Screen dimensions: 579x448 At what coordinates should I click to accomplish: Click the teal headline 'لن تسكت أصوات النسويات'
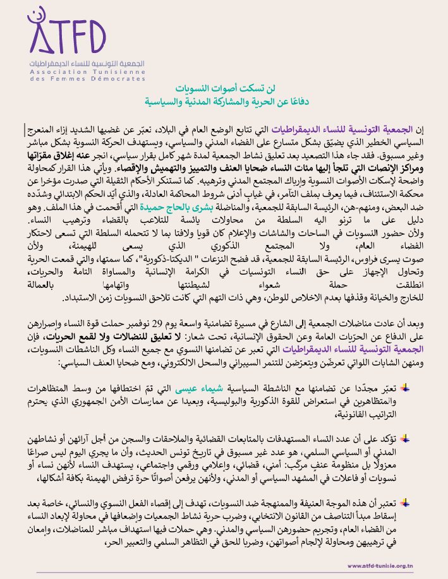tap(224, 88)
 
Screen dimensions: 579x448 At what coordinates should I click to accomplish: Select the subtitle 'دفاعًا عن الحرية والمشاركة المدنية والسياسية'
tap(224, 100)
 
